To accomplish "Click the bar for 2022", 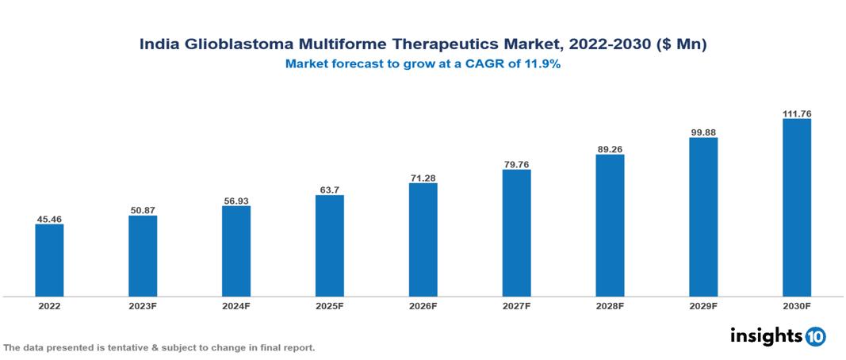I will [49, 260].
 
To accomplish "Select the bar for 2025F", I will [330, 246].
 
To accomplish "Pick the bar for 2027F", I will [516, 233].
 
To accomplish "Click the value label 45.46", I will [49, 218].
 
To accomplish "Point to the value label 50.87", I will [143, 210].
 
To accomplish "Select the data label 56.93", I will [236, 201].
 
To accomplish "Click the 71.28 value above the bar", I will [423, 178].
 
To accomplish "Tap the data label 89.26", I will [610, 148].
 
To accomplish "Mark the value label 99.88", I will [703, 132].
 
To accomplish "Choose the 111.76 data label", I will [797, 113].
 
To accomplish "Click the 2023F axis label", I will [143, 305].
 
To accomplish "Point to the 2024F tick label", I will [236, 305].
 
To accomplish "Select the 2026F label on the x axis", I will [423, 305].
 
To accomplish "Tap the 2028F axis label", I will [610, 305].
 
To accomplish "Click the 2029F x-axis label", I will [703, 305].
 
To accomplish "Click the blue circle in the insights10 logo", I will [815, 337].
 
